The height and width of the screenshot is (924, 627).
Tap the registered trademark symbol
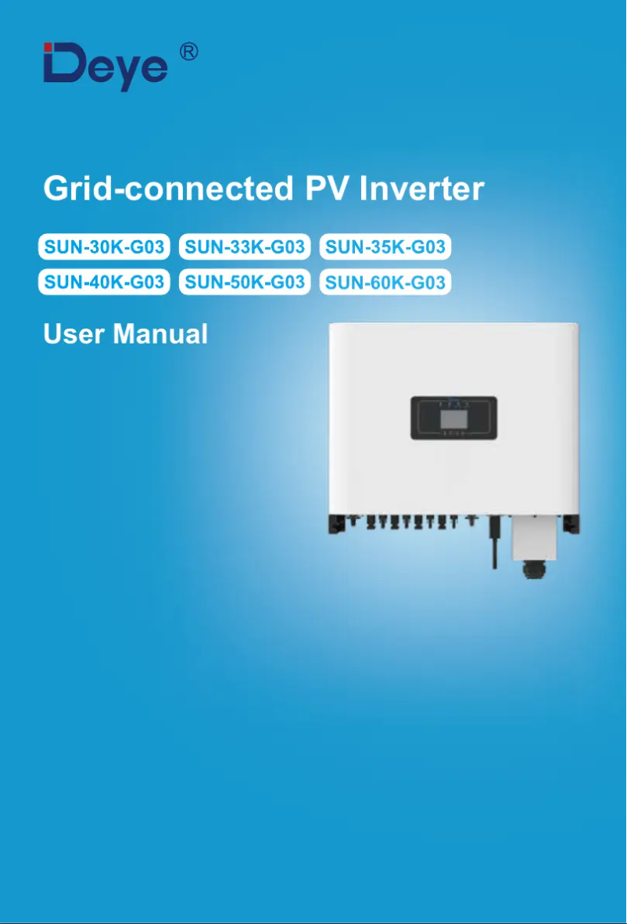click(188, 52)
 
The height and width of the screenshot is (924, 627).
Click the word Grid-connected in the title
click(165, 189)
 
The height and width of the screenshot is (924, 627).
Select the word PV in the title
click(324, 189)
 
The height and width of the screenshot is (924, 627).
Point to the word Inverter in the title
click(422, 189)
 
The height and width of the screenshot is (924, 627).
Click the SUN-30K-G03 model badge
click(105, 248)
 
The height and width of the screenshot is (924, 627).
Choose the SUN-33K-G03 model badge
click(245, 248)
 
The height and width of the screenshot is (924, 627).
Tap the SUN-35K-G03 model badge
click(385, 248)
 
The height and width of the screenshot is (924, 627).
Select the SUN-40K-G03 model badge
click(105, 280)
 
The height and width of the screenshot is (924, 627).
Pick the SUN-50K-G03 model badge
click(245, 280)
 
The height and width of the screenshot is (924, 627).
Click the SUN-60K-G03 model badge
click(385, 282)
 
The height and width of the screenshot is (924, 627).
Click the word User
click(75, 335)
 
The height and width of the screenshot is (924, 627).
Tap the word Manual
click(161, 335)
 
